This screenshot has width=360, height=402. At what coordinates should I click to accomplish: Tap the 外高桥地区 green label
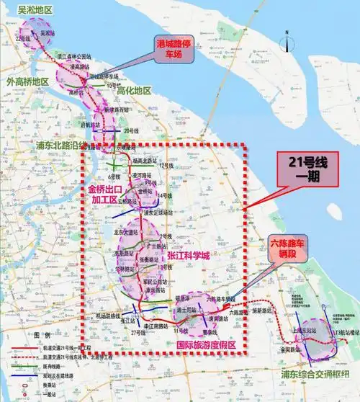pyautogui.click(x=27, y=81)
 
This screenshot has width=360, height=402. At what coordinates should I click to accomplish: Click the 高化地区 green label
pyautogui.click(x=134, y=91)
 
